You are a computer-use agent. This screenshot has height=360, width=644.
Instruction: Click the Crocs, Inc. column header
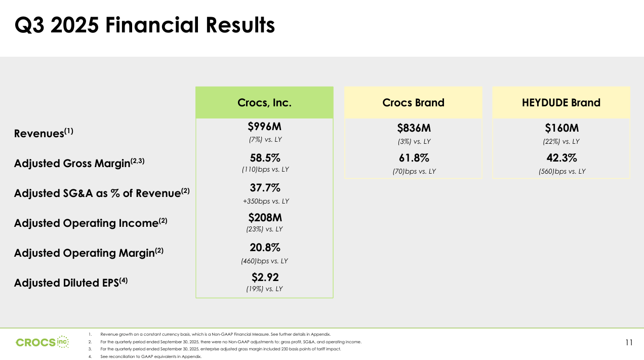(x=264, y=103)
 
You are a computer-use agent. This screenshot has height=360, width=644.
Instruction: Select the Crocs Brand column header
(x=413, y=103)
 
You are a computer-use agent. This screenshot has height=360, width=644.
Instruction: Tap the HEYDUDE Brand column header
(x=561, y=103)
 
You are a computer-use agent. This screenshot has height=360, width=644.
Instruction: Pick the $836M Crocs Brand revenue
(x=414, y=129)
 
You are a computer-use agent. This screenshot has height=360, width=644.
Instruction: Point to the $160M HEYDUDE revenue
(x=561, y=129)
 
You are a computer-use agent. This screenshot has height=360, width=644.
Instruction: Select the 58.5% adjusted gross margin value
(x=265, y=158)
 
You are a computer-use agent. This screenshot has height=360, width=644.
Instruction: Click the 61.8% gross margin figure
(x=414, y=158)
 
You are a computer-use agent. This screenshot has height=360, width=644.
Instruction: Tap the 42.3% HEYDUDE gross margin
(x=561, y=158)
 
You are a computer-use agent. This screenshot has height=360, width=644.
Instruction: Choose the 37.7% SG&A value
(x=265, y=188)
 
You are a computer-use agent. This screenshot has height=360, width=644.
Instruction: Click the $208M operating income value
(x=265, y=218)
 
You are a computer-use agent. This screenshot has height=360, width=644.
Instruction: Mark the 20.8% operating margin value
(x=265, y=248)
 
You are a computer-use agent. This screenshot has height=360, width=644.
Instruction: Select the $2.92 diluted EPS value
(x=265, y=277)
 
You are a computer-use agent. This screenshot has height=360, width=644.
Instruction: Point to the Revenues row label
(x=44, y=133)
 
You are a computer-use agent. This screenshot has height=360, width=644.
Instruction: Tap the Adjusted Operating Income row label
(x=91, y=223)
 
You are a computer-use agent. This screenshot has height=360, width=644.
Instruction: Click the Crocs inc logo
(x=43, y=342)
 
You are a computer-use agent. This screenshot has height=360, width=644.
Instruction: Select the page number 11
(x=629, y=343)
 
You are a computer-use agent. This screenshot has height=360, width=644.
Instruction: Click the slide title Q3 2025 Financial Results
(x=145, y=25)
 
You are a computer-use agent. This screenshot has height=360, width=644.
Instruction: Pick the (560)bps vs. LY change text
(x=561, y=172)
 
